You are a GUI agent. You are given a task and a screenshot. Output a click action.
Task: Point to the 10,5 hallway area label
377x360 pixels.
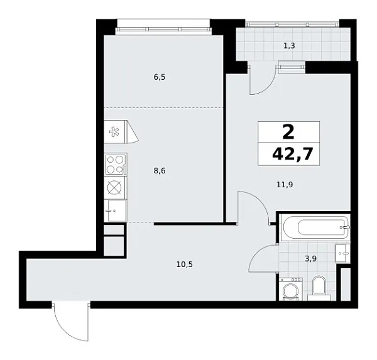pyautogui.click(x=183, y=264)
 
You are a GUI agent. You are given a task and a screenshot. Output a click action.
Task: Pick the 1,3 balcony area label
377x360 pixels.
pyautogui.click(x=289, y=46)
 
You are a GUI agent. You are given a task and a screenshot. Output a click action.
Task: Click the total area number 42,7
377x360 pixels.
pyautogui.click(x=288, y=155)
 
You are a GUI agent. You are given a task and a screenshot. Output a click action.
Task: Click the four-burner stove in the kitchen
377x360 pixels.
pyautogui.click(x=115, y=165)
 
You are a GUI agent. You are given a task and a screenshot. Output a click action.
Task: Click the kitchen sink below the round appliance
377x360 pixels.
pyautogui.click(x=114, y=210)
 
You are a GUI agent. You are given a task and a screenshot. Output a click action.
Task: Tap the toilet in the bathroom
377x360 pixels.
pyautogui.click(x=317, y=286)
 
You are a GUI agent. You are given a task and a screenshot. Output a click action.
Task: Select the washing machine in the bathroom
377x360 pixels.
pyautogui.click(x=290, y=291)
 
